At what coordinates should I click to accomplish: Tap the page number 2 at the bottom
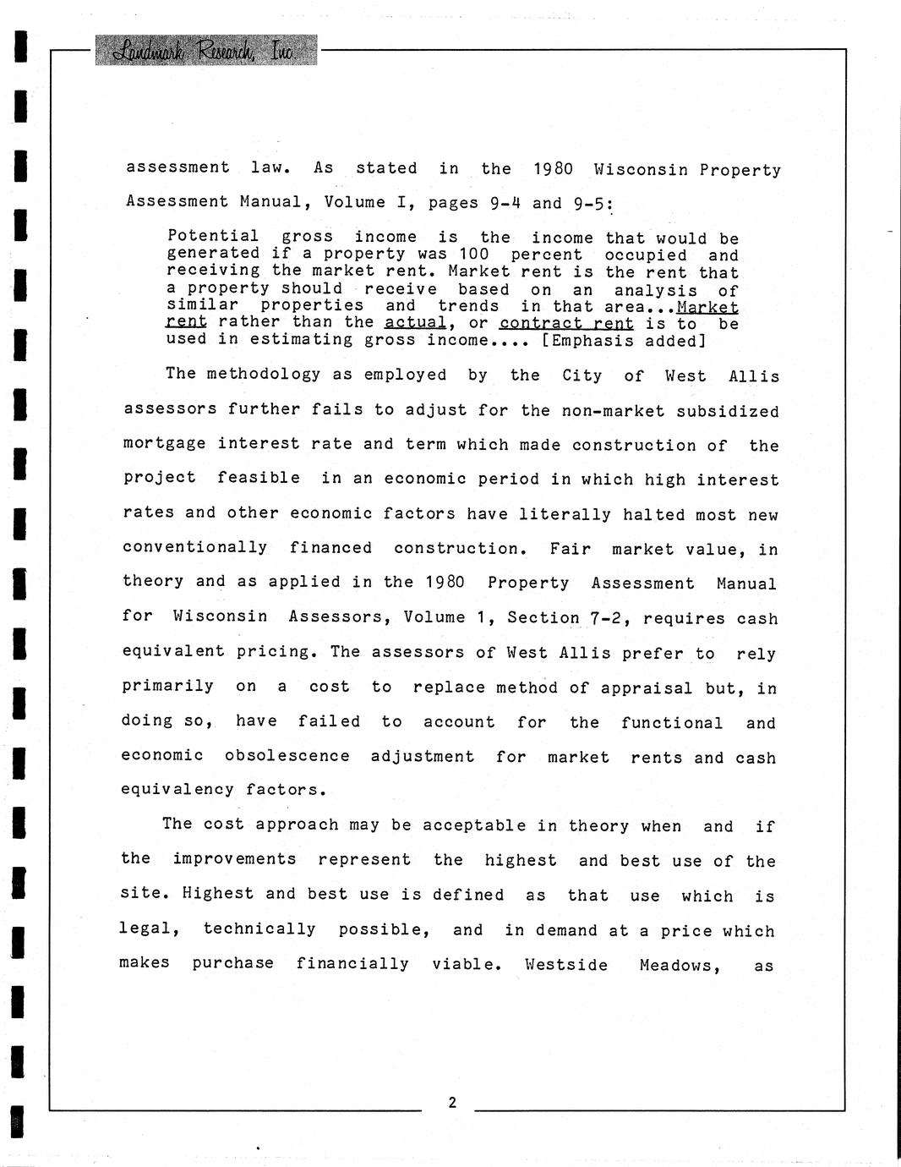click(452, 1102)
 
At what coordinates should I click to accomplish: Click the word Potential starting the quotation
click(213, 236)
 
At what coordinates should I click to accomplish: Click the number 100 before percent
click(474, 254)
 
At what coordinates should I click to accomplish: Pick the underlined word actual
click(415, 322)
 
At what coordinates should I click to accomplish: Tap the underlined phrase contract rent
click(566, 323)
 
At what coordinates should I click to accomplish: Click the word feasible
click(258, 478)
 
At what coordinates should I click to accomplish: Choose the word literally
click(565, 514)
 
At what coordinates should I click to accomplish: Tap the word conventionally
click(195, 547)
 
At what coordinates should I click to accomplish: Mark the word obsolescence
click(287, 755)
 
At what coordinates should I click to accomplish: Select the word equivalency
click(177, 789)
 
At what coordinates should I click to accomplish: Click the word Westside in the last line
click(565, 965)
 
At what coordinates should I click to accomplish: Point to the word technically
click(259, 929)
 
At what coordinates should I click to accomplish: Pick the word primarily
click(167, 686)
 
